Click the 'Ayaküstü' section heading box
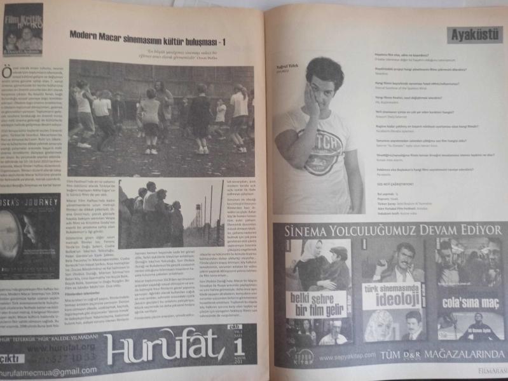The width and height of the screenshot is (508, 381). tap(474, 34)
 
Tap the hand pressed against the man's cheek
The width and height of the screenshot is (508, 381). tap(313, 102)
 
